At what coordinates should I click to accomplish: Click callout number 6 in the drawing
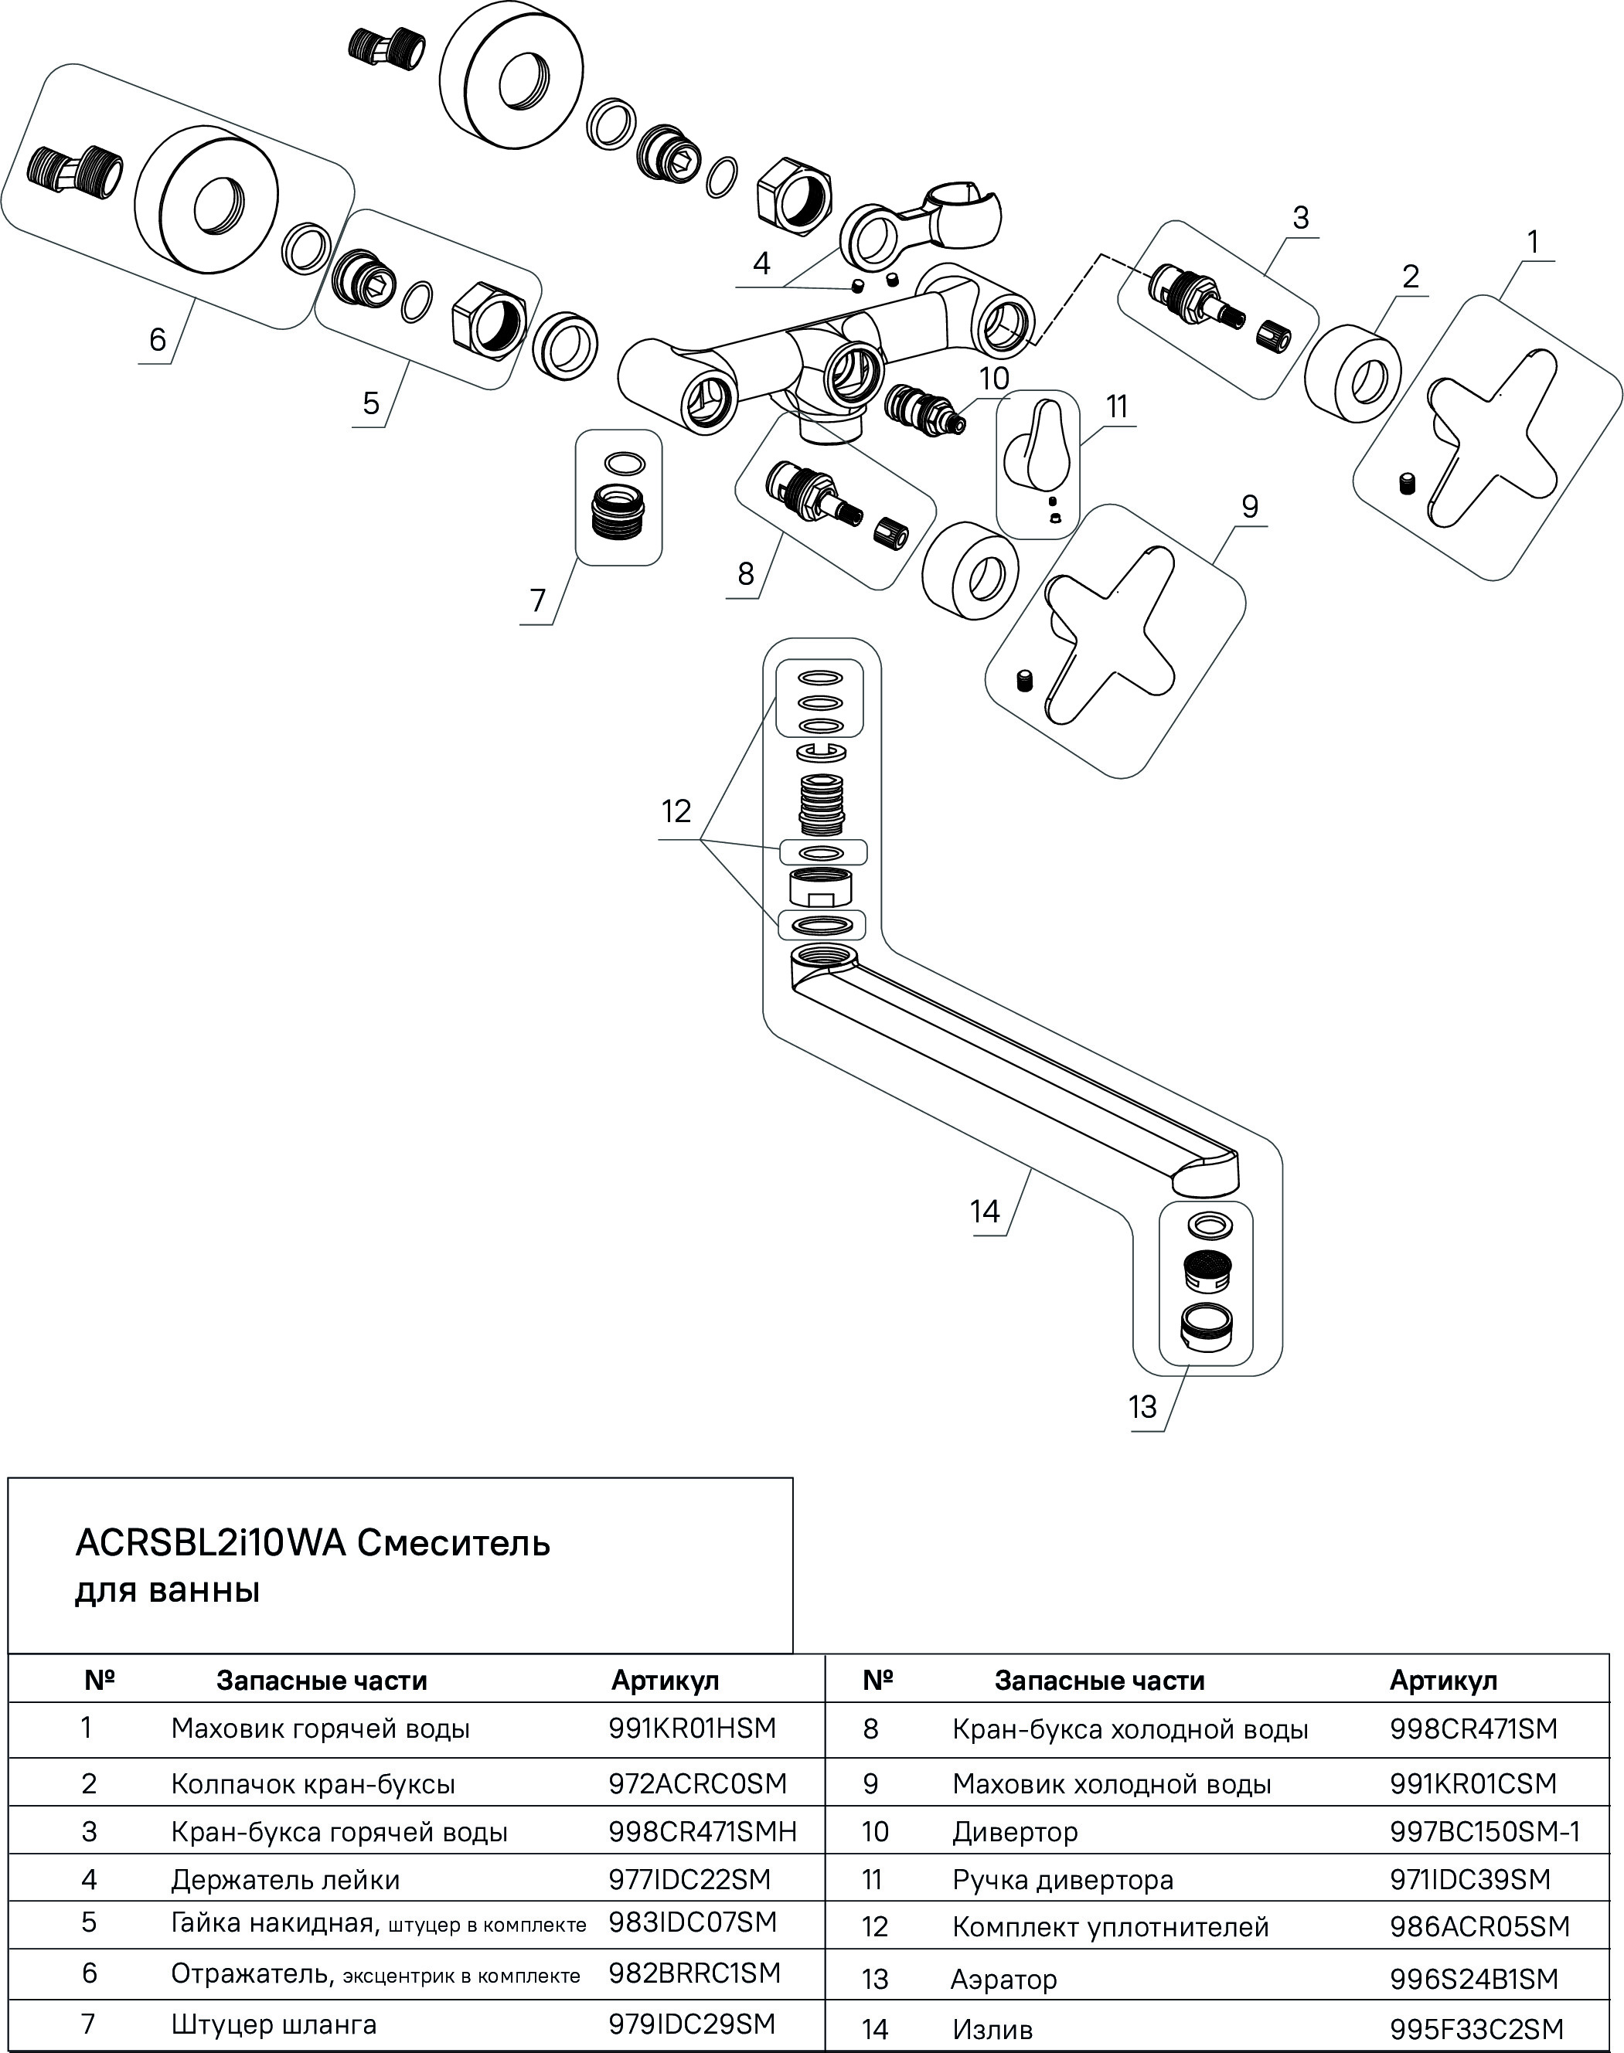click(158, 339)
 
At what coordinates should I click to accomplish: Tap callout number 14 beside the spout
click(985, 1211)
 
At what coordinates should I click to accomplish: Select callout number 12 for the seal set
click(676, 811)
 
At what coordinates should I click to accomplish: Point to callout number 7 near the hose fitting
click(538, 600)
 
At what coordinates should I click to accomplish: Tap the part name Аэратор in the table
click(1003, 1979)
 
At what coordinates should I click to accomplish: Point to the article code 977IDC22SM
click(689, 1879)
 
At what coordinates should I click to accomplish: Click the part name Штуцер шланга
click(274, 2024)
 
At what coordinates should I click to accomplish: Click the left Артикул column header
click(665, 1681)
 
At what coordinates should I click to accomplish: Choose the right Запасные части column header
click(1099, 1681)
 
